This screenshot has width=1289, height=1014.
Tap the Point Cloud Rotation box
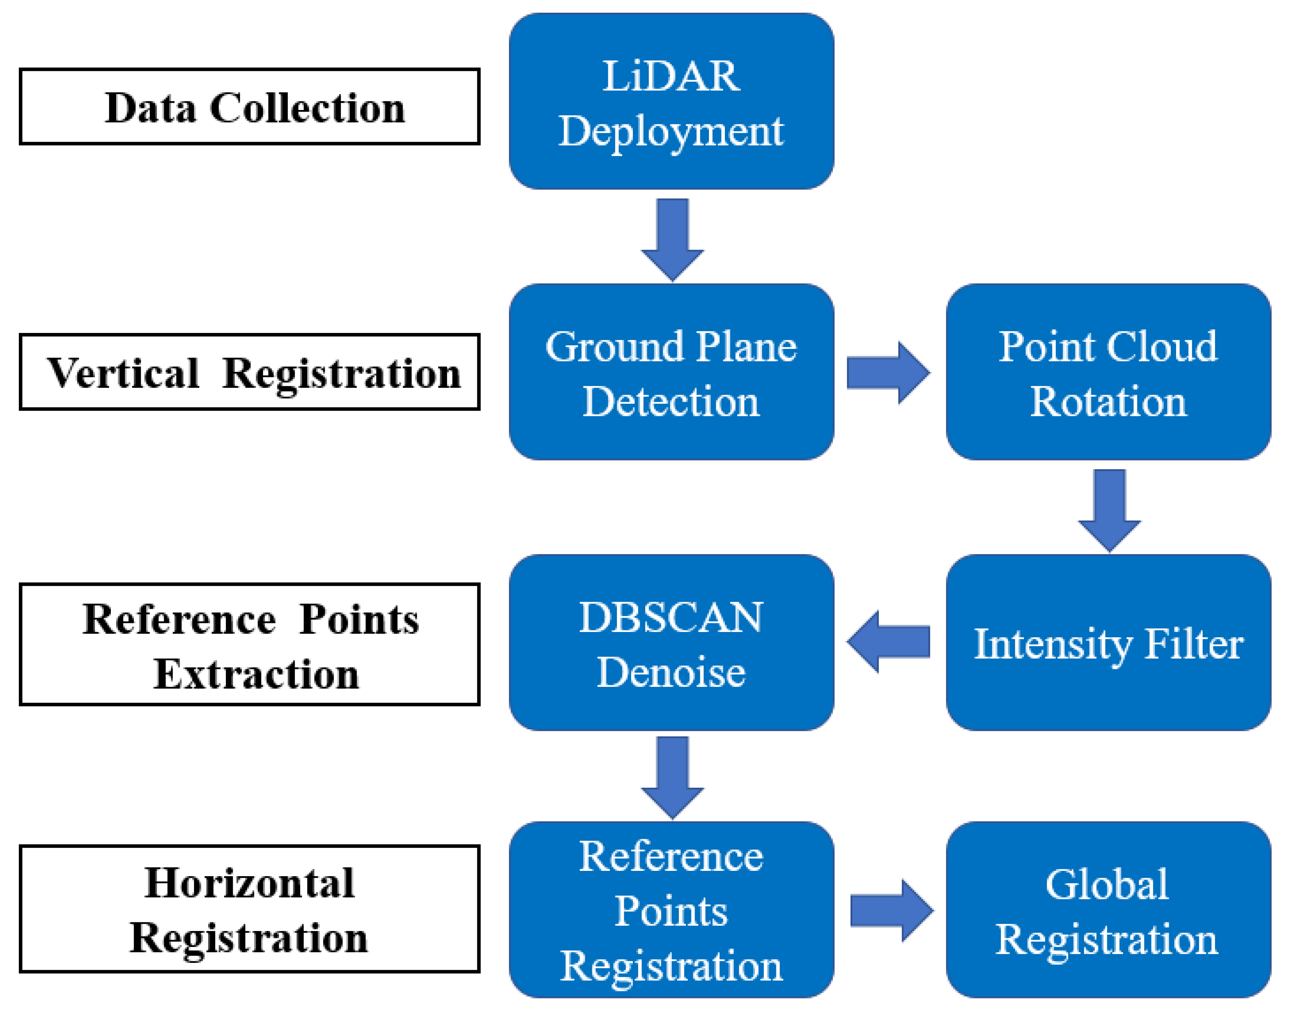[x=1108, y=372]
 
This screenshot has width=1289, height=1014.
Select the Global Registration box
[x=1108, y=910]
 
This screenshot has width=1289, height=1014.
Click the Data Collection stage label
[x=250, y=107]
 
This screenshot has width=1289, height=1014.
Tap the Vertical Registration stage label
[x=250, y=372]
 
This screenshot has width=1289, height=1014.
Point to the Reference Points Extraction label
[x=250, y=645]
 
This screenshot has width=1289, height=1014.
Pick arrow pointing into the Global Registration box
[x=891, y=911]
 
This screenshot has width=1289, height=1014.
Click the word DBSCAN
[x=671, y=617]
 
